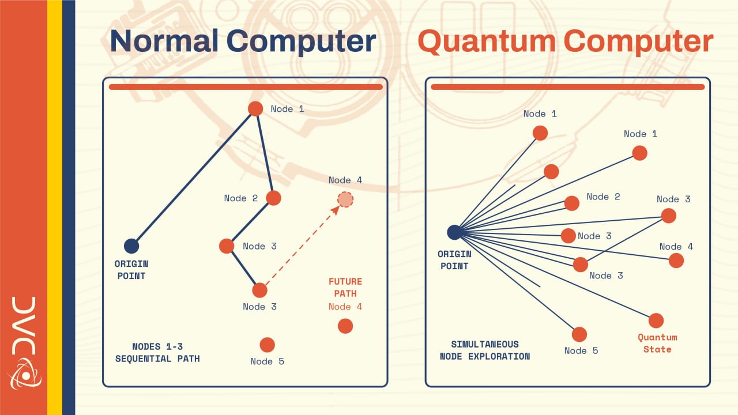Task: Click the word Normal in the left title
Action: [x=164, y=41]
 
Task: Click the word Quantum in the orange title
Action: [x=487, y=41]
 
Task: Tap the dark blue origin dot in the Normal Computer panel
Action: [x=131, y=246]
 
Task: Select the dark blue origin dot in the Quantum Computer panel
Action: [x=454, y=232]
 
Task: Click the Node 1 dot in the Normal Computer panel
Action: [x=255, y=109]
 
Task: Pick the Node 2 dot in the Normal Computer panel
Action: [x=273, y=198]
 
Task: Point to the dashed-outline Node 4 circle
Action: [x=345, y=199]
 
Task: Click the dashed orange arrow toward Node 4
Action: [x=303, y=246]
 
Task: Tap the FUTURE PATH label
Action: [x=345, y=287]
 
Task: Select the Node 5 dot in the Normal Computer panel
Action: [x=267, y=345]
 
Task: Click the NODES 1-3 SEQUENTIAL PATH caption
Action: [x=157, y=352]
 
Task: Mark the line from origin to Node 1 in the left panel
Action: [x=193, y=178]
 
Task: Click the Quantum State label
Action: [x=658, y=343]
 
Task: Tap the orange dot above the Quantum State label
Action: [x=656, y=320]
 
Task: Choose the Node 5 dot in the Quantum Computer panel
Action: [x=579, y=335]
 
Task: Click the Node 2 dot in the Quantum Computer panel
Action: [x=571, y=203]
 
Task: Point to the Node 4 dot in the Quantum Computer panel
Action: [x=676, y=261]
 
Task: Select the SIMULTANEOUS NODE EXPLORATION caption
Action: [x=485, y=350]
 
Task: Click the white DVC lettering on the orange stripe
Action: [x=24, y=326]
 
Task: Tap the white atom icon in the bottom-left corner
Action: [x=24, y=374]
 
